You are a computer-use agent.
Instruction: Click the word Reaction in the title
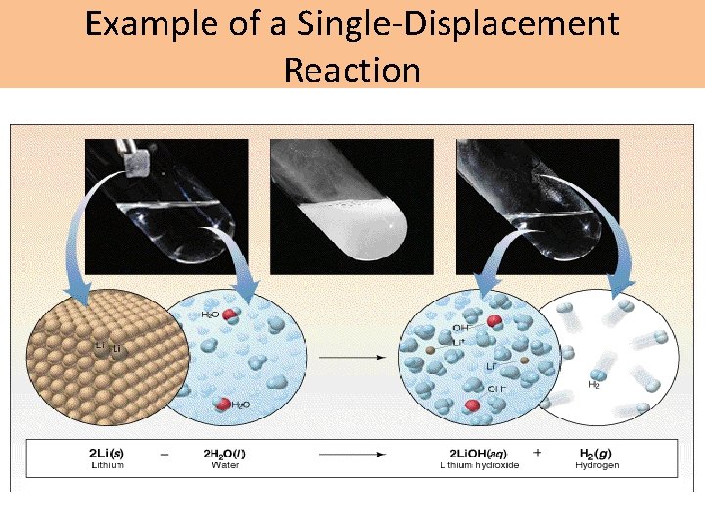point(352,70)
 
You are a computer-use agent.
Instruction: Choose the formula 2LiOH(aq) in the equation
point(479,454)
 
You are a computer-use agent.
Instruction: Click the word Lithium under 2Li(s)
point(106,465)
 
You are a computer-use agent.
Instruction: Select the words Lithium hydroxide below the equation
point(479,465)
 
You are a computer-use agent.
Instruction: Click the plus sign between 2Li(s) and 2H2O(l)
point(164,455)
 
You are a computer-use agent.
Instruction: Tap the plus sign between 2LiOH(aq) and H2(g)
point(537,455)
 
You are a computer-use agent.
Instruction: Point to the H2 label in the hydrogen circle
point(594,385)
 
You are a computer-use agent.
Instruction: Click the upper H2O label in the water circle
point(211,314)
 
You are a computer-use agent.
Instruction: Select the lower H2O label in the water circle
point(238,404)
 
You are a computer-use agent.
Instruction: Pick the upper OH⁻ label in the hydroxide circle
point(461,328)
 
